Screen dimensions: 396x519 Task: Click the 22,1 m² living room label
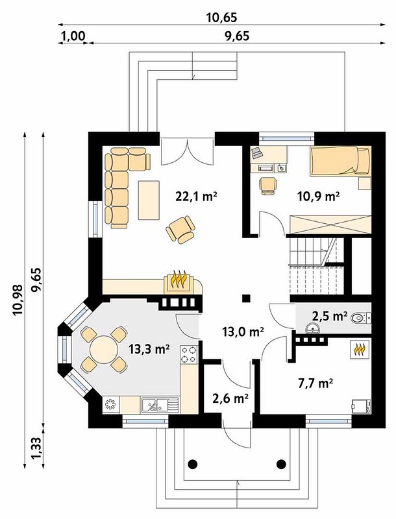tap(196, 197)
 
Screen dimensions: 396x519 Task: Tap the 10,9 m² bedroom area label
tap(319, 197)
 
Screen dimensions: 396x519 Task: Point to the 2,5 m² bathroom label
tap(329, 316)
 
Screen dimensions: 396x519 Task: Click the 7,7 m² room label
tap(316, 383)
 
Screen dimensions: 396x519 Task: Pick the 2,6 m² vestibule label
tap(230, 398)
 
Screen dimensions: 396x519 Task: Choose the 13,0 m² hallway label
tap(243, 332)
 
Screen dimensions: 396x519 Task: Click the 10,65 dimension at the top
tap(222, 18)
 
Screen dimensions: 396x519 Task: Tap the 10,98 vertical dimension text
tap(18, 299)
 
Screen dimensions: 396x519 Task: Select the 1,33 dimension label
tap(36, 448)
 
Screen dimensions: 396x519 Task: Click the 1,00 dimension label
tap(73, 36)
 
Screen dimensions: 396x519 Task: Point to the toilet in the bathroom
tap(360, 319)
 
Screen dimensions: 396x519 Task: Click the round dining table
tap(104, 350)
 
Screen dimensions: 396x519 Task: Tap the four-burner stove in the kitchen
tap(189, 354)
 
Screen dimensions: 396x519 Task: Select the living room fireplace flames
tap(179, 280)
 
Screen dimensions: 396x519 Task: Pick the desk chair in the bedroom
tap(268, 186)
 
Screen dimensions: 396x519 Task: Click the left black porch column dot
tap(193, 464)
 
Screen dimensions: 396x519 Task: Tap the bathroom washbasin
tap(313, 328)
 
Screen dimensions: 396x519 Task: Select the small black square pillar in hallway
tap(246, 298)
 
